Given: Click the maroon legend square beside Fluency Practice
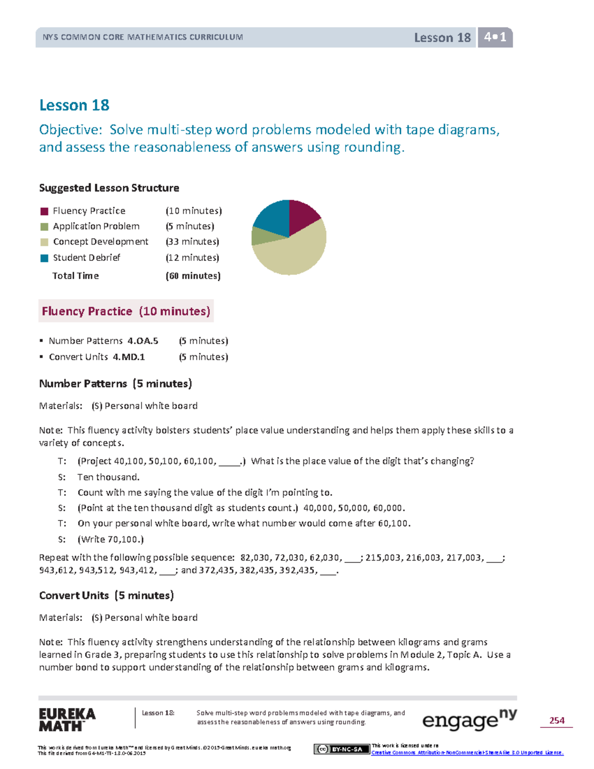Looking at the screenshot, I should click(x=44, y=211).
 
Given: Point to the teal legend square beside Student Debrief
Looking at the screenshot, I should click(x=44, y=258).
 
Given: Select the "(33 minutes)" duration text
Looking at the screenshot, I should click(x=193, y=242).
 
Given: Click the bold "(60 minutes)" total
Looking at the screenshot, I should click(x=193, y=276).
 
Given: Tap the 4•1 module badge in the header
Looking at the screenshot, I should click(x=495, y=37).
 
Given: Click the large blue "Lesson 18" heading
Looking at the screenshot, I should click(x=74, y=105).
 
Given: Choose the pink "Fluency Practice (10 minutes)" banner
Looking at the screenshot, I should click(x=126, y=311).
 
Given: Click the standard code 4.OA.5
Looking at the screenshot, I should click(x=143, y=341).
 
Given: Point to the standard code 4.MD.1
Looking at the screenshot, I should click(x=129, y=357).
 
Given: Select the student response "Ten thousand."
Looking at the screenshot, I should click(x=108, y=477).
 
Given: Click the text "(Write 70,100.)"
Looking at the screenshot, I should click(x=110, y=539).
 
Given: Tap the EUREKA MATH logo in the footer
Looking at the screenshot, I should click(x=67, y=720).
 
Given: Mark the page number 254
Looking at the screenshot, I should click(x=557, y=720).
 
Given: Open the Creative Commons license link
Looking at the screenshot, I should click(x=467, y=753).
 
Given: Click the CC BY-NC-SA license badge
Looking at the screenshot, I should click(x=342, y=749).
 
